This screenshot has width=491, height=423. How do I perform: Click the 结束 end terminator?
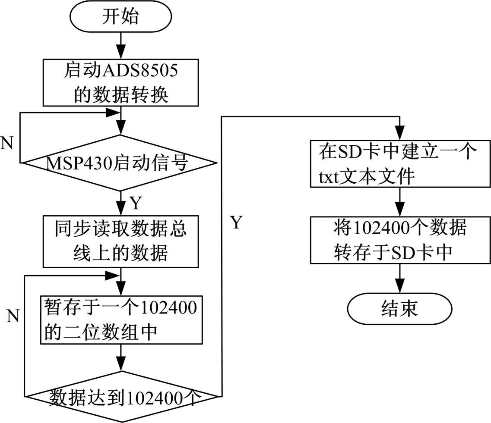[x=399, y=308]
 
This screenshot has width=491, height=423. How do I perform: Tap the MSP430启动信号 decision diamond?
[x=118, y=163]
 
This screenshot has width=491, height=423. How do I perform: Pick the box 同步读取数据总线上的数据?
[x=120, y=242]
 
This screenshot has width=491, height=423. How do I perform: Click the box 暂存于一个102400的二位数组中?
[x=121, y=319]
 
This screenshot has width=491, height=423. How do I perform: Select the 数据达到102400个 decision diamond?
[x=123, y=396]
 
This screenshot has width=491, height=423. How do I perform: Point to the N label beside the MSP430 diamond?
[x=7, y=144]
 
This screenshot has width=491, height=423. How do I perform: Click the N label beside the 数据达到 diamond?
[x=13, y=316]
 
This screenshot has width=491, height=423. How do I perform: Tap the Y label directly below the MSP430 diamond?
[x=135, y=203]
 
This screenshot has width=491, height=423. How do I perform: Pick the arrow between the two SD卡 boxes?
[x=399, y=202]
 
